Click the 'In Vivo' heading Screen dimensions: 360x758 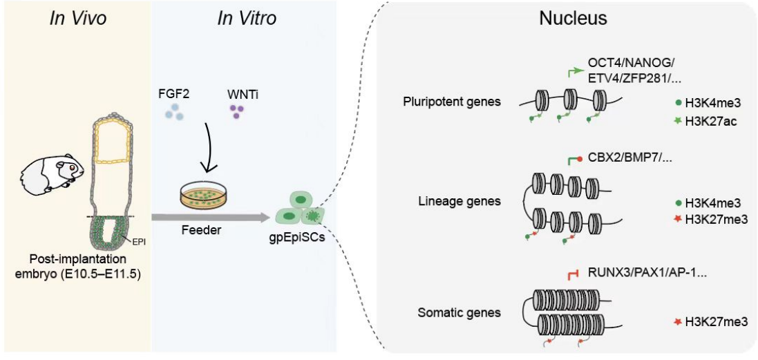(77, 19)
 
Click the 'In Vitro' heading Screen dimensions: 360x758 (247, 19)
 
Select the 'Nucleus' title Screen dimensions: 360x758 (573, 19)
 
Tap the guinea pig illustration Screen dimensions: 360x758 (51, 173)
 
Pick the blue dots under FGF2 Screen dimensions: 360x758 (174, 111)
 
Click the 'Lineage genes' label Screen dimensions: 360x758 (459, 201)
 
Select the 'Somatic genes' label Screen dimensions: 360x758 (459, 313)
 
